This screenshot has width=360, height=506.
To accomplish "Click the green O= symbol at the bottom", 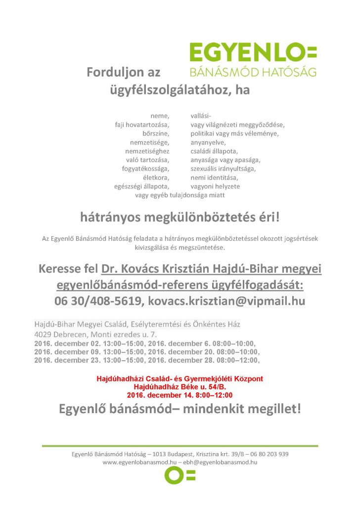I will [180, 475].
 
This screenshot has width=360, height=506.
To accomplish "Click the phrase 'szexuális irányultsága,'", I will [223, 169].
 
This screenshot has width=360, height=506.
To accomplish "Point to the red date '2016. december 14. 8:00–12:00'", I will [180, 395].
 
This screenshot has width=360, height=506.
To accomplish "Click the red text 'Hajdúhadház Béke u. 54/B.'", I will [180, 387].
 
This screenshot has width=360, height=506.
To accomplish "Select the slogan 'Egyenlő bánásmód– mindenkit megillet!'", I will [180, 409].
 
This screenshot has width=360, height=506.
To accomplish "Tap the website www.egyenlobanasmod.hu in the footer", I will [139, 462].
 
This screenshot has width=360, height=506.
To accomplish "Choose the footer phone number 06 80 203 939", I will [269, 454].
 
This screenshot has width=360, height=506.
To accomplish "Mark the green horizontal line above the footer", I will [180, 446].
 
